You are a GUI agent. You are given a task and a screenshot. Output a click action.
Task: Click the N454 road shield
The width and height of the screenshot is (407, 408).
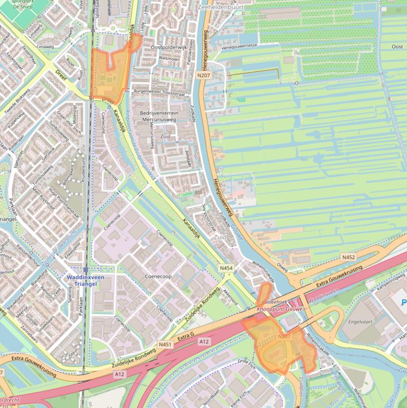[x=226, y=268]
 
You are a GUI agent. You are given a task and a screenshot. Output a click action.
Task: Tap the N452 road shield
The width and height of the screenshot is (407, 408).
[x=349, y=257]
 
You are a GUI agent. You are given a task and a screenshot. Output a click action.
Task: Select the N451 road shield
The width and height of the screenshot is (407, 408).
[x=166, y=344]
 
